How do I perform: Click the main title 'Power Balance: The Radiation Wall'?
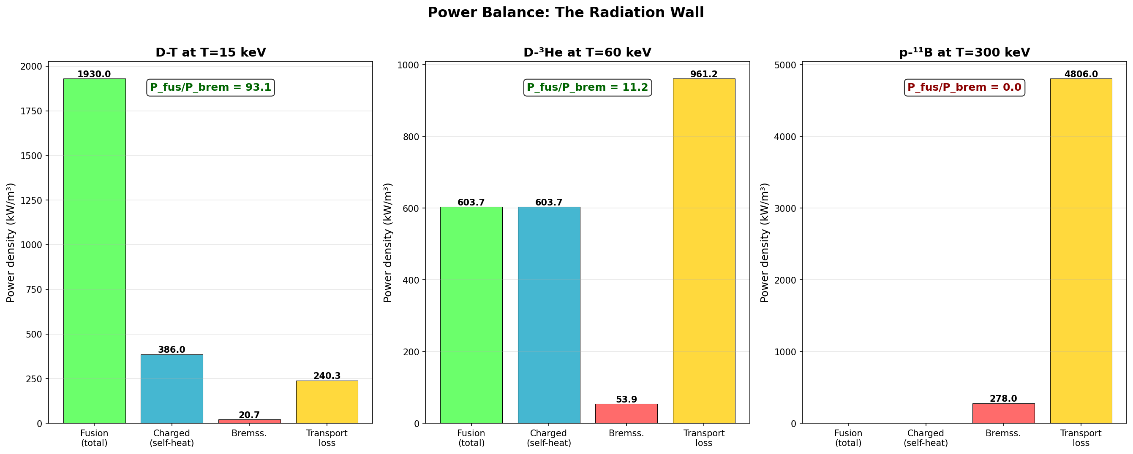click(x=566, y=13)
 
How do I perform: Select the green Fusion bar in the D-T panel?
click(x=94, y=251)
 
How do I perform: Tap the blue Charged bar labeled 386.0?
click(x=172, y=389)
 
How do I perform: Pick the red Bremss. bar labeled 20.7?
click(x=249, y=421)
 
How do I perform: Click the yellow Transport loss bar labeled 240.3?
click(x=327, y=402)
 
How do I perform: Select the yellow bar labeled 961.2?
click(x=704, y=251)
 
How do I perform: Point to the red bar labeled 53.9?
click(x=626, y=413)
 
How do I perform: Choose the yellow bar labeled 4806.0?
click(x=1081, y=251)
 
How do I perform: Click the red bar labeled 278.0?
click(x=1003, y=413)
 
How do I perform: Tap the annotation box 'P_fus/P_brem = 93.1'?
click(x=210, y=87)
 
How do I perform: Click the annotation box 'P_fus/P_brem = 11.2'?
click(x=587, y=87)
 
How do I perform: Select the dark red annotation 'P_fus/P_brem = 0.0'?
click(x=964, y=87)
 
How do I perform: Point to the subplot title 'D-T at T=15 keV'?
click(x=210, y=53)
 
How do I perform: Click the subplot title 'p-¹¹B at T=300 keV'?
click(x=964, y=53)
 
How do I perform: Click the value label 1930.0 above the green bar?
click(x=94, y=74)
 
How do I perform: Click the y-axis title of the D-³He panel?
click(x=387, y=243)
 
